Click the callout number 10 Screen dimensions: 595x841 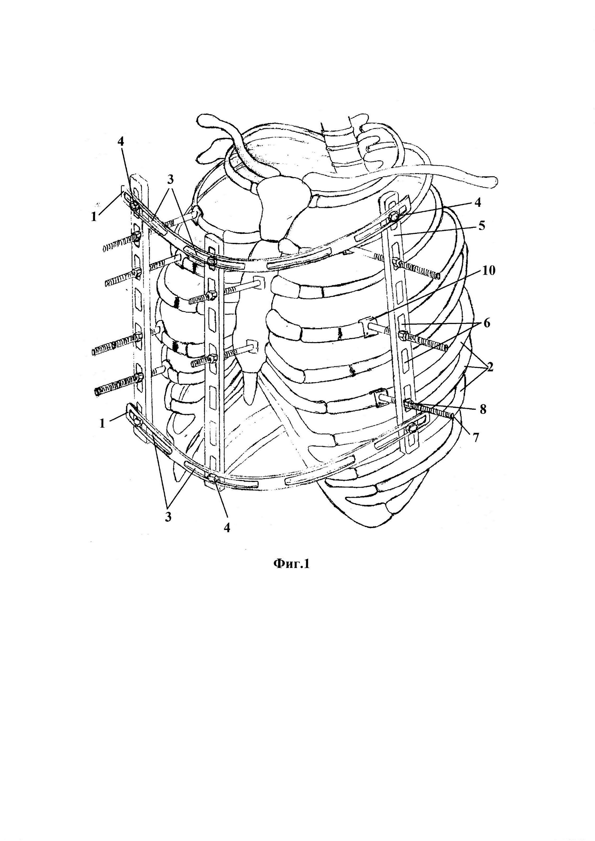(489, 271)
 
